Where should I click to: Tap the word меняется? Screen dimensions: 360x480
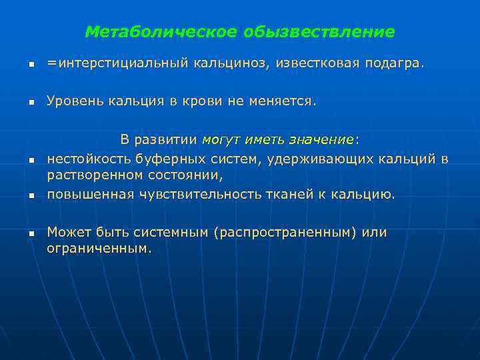(x=283, y=101)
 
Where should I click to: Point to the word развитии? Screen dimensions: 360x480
(x=166, y=139)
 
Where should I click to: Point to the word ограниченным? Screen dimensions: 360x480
(x=99, y=249)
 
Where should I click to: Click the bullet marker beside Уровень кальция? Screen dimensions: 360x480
(x=31, y=103)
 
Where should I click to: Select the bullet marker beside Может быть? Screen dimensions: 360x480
(x=31, y=234)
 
